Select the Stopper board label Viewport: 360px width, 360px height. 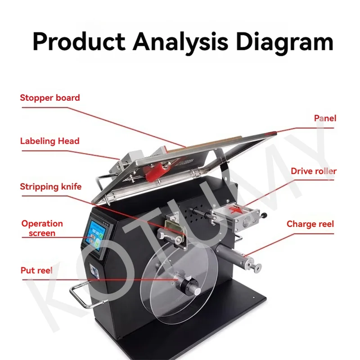[x=50, y=98]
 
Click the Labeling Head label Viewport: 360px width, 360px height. [x=49, y=141]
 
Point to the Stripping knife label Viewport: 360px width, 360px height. [x=51, y=186]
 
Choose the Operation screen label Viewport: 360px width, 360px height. [x=42, y=228]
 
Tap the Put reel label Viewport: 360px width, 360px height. [x=36, y=270]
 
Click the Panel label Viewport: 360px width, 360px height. [x=325, y=118]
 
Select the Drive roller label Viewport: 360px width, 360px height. [x=313, y=171]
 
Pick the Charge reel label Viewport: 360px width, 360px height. [x=310, y=224]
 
